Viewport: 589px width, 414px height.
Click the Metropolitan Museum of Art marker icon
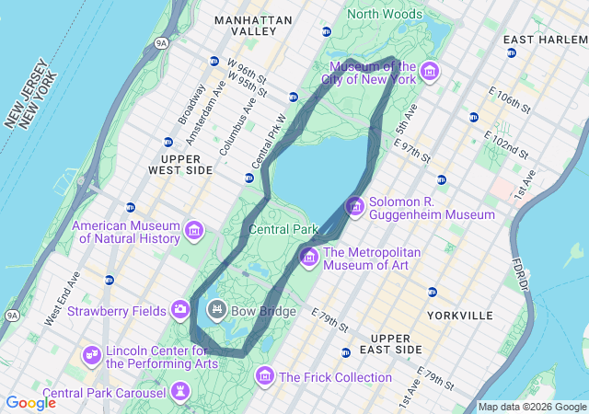pos(308,255)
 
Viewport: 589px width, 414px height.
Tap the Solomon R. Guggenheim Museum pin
pos(354,207)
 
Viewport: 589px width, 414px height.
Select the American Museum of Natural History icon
pos(194,230)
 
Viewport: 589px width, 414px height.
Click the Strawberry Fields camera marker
pos(180,309)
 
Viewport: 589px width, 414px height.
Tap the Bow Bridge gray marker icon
pos(217,309)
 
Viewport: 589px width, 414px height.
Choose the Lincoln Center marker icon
pos(92,354)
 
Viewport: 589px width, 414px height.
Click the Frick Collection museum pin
pos(265,375)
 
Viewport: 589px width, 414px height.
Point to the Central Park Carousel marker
pos(180,393)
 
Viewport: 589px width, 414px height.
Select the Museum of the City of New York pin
pos(430,72)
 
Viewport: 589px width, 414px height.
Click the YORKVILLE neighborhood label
pos(460,316)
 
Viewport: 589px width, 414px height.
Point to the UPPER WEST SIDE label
pos(180,164)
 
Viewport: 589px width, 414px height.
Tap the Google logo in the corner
pos(30,403)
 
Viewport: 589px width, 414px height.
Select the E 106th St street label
pos(510,100)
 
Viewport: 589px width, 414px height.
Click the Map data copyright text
pos(532,407)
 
